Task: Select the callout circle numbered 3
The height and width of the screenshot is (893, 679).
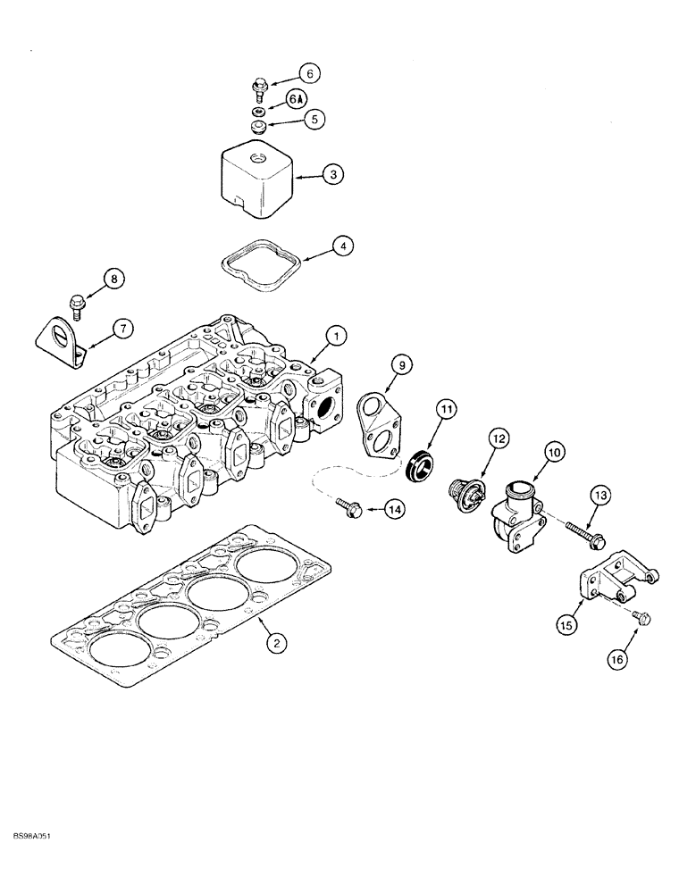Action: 332,176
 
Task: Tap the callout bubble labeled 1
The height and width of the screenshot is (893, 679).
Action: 335,337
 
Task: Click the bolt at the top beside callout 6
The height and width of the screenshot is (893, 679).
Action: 259,86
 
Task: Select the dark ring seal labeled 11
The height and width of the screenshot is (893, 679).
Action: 423,467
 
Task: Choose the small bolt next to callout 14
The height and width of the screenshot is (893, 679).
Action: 348,506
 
